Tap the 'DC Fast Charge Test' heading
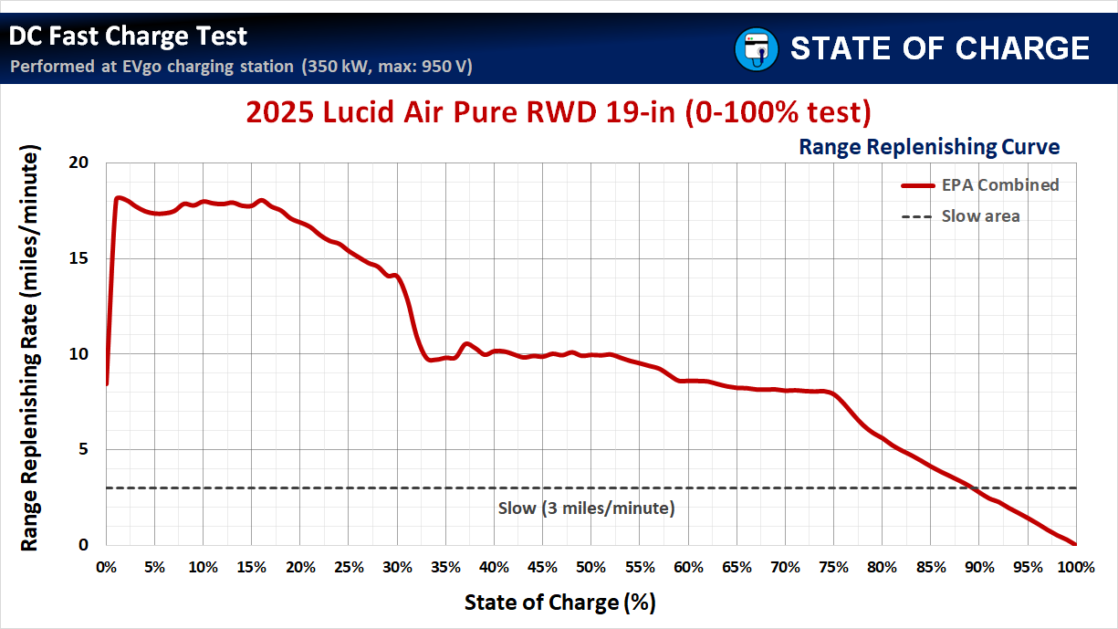(129, 36)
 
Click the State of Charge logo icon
(756, 47)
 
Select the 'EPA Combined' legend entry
(999, 184)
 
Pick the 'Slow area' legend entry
(980, 216)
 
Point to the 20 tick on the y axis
(78, 162)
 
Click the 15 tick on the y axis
(78, 258)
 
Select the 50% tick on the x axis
(590, 567)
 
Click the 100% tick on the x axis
(1075, 567)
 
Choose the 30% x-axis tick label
(397, 567)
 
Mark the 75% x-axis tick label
(833, 567)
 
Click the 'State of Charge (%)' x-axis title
(559, 603)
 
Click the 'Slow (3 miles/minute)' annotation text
(586, 508)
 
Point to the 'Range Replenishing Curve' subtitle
(929, 146)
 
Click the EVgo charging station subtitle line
(241, 67)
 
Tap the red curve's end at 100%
(1075, 544)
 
